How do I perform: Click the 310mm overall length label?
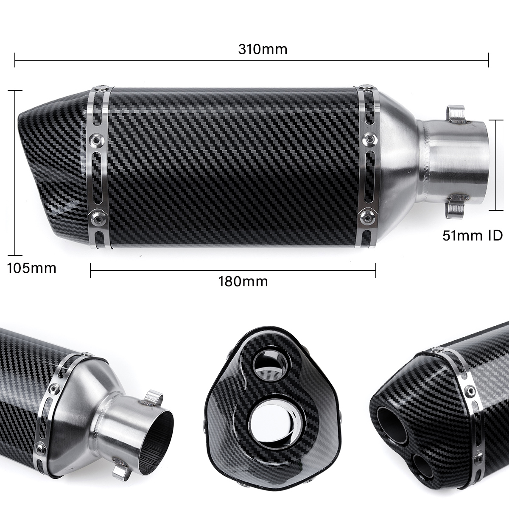pos(263,49)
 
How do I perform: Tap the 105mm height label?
pos(32,268)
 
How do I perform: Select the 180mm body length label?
pos(243,281)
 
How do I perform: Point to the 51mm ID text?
pos(472,235)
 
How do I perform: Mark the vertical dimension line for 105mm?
pos(15,173)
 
